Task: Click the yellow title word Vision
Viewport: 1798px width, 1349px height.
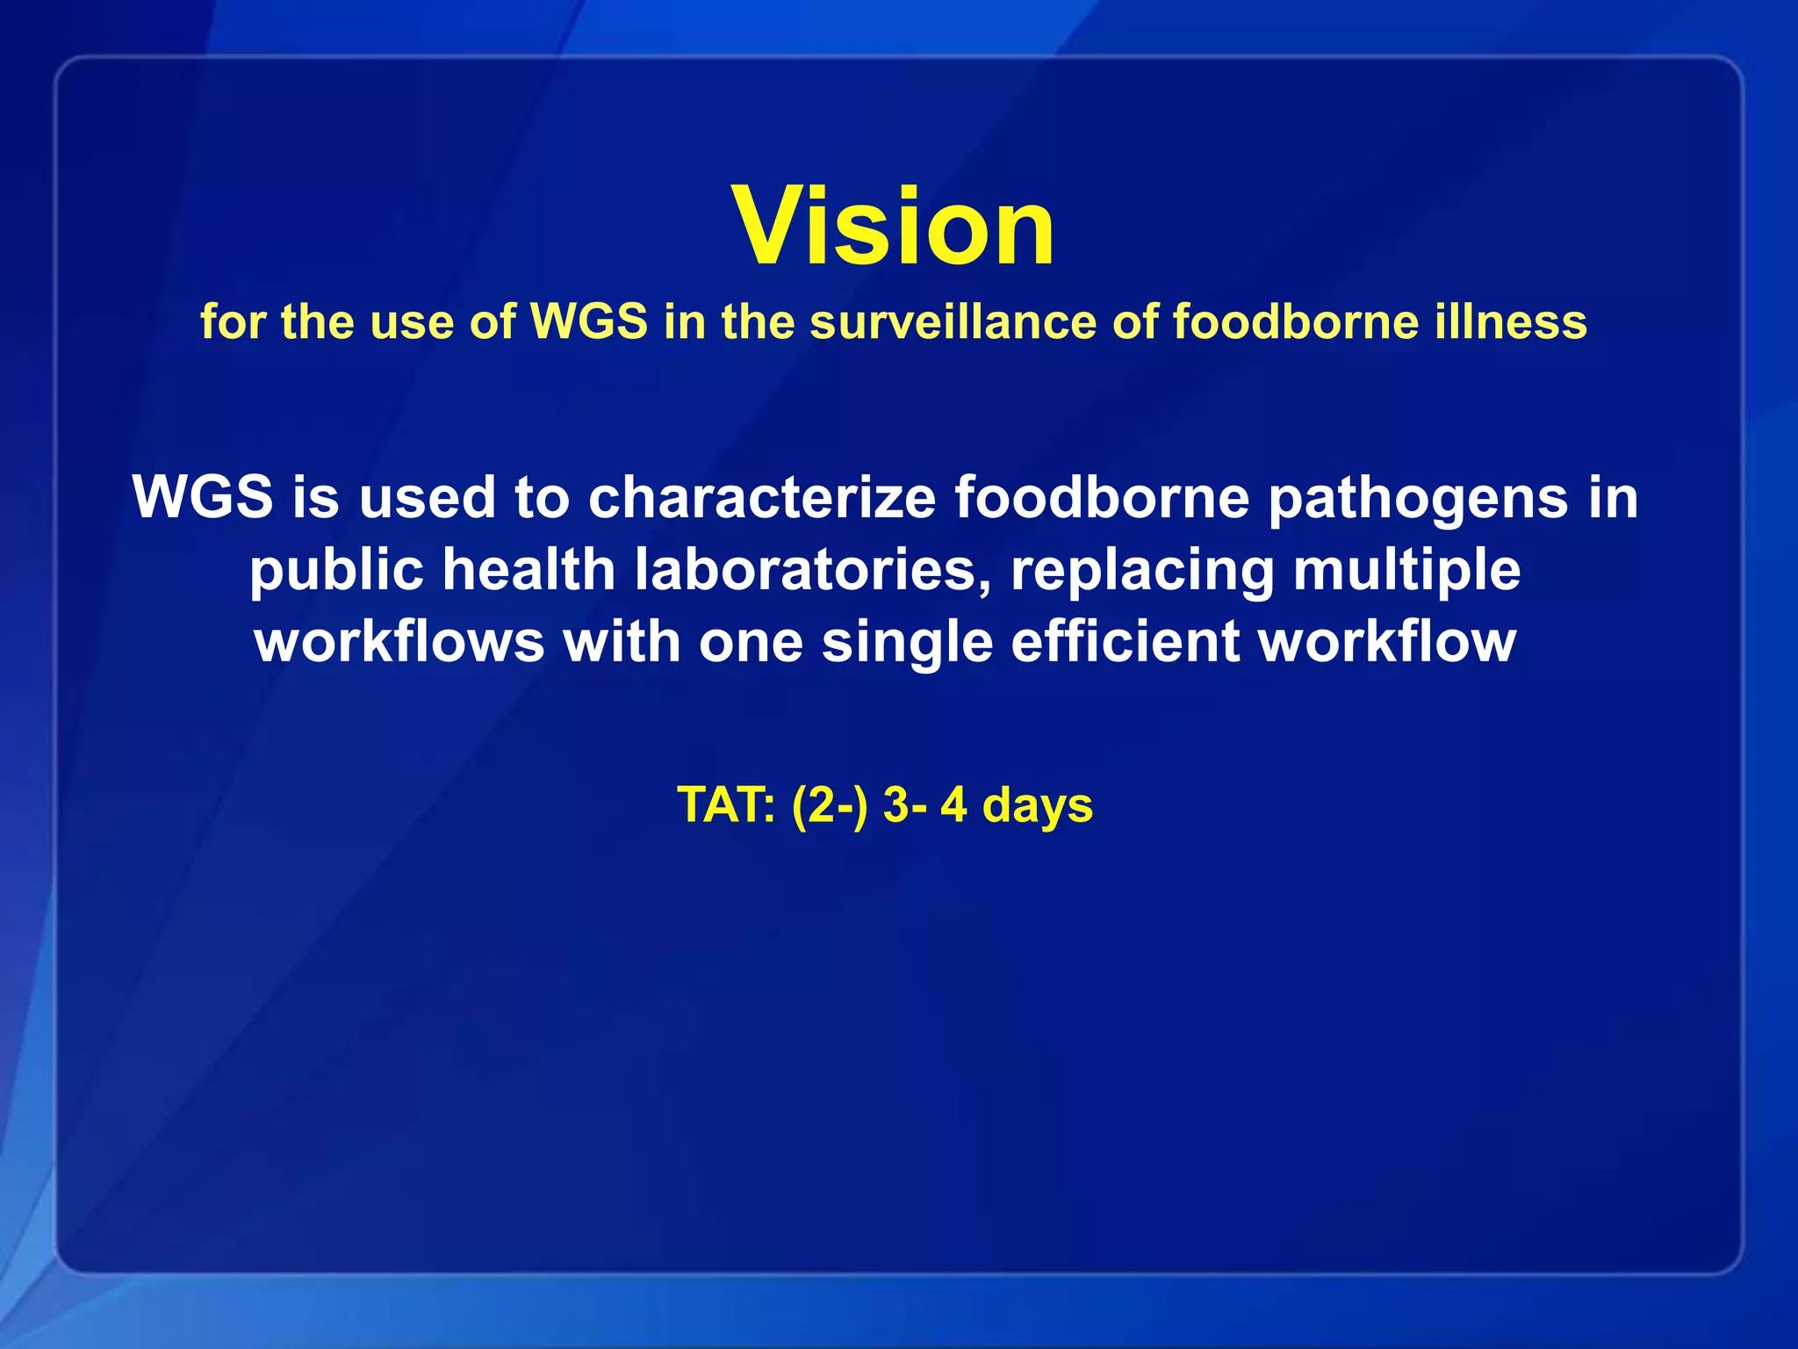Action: [x=894, y=227]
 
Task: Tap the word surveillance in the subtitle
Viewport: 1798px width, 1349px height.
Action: [x=952, y=321]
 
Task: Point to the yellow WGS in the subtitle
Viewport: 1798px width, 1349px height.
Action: [x=589, y=321]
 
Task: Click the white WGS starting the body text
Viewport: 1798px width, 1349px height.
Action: [x=203, y=497]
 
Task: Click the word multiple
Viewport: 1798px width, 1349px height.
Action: [x=1406, y=572]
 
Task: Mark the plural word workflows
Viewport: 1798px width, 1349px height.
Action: [x=399, y=642]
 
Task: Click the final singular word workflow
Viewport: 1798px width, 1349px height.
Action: [x=1387, y=642]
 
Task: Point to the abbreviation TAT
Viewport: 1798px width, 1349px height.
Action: [x=725, y=805]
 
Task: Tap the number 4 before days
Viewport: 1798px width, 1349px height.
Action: [x=953, y=805]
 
